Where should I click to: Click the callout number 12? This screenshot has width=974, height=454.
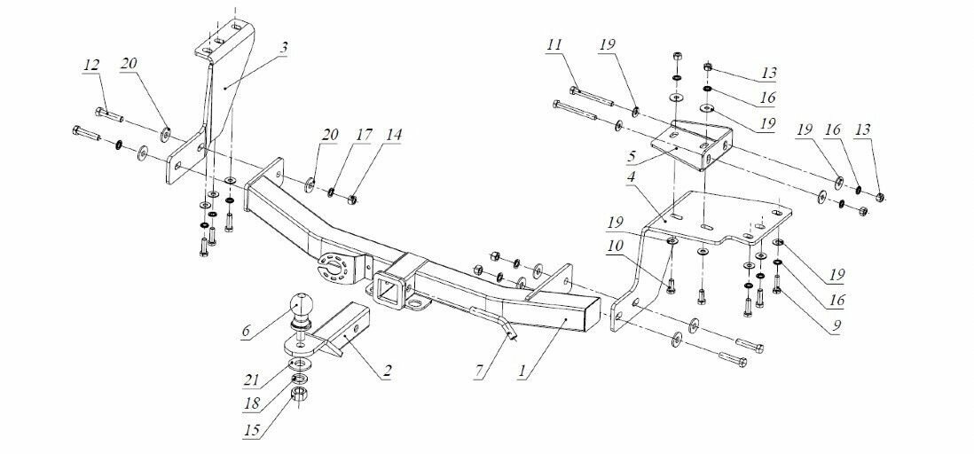[90, 65]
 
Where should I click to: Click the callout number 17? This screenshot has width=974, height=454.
[362, 136]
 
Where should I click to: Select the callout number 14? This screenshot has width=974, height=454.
[393, 136]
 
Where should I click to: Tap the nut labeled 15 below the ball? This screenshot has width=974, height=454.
[301, 395]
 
